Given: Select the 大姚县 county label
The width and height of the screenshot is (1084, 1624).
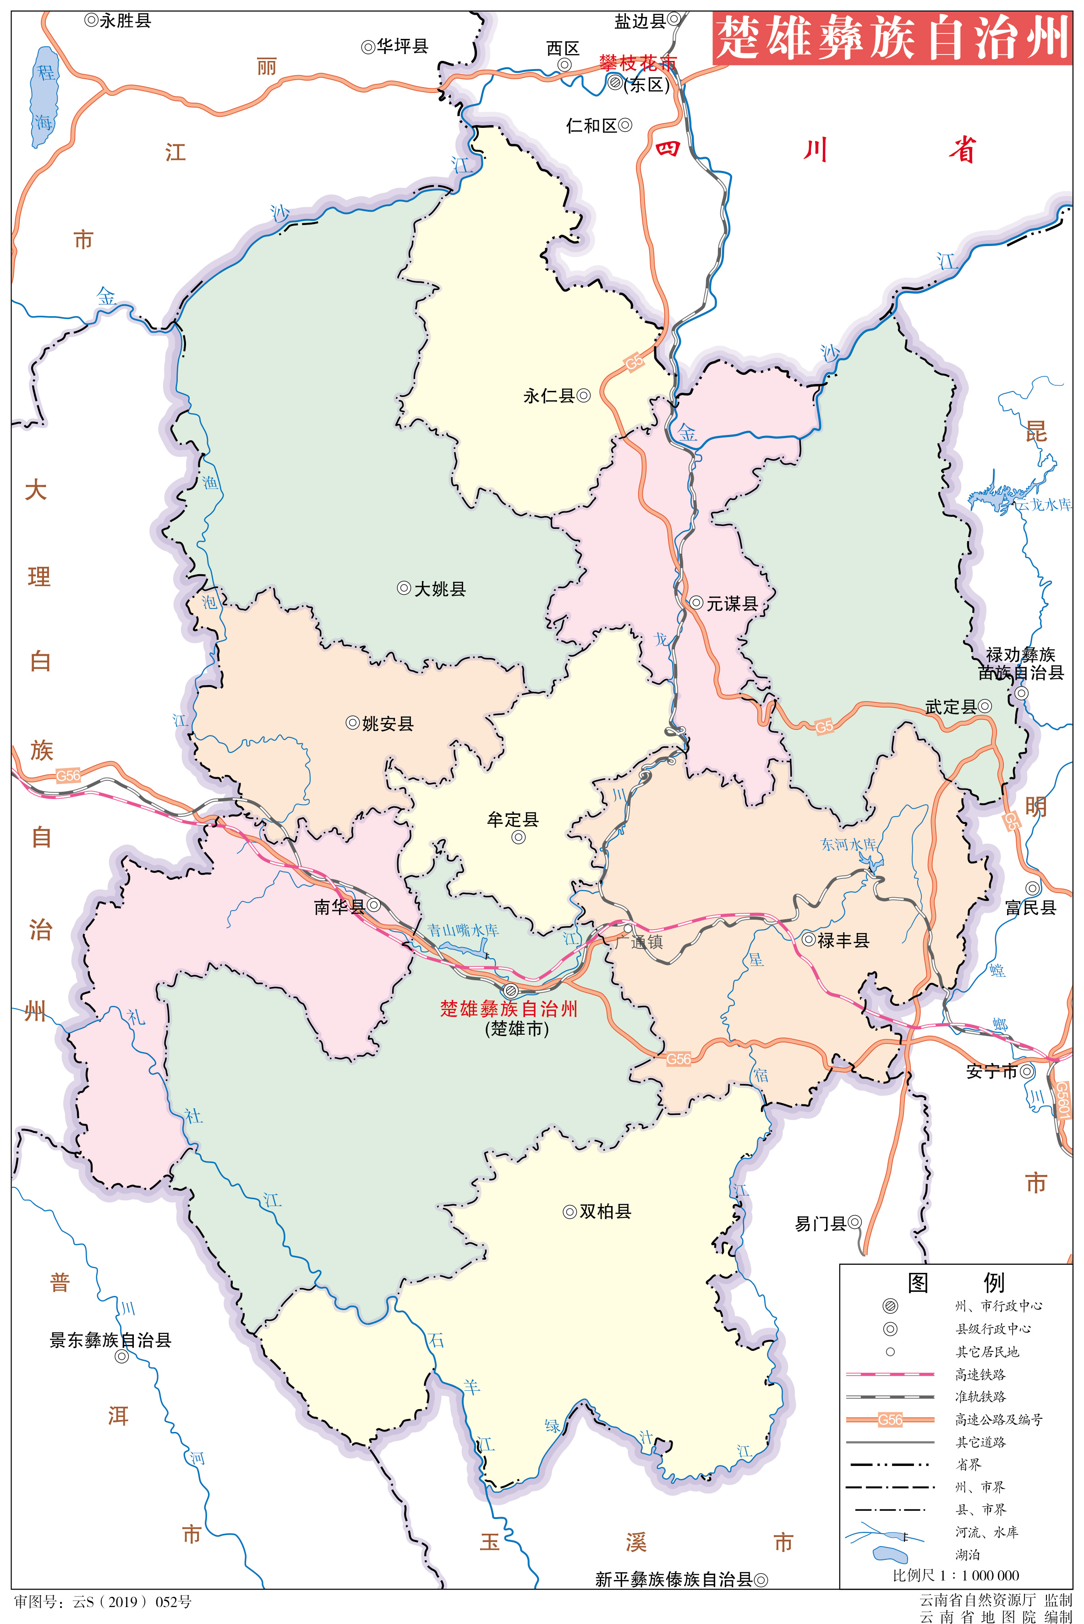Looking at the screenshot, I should tap(440, 589).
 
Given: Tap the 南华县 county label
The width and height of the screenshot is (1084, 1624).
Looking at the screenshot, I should tap(339, 906).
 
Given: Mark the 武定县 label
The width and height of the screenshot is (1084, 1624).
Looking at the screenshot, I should tap(951, 707).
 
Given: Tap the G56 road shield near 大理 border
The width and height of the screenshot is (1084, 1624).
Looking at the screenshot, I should tap(68, 776).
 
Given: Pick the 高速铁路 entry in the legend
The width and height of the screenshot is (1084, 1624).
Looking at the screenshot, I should tap(980, 1374).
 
